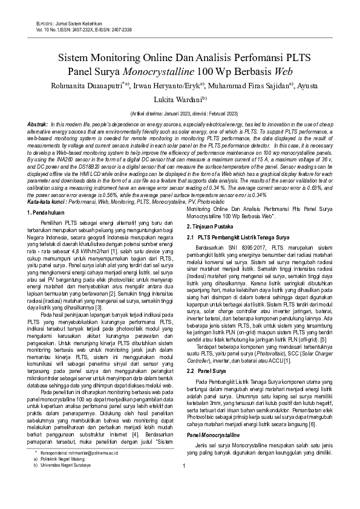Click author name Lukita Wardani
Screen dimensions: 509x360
[179, 100]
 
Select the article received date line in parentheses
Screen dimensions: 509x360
[180, 113]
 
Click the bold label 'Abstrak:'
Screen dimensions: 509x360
[39, 123]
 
